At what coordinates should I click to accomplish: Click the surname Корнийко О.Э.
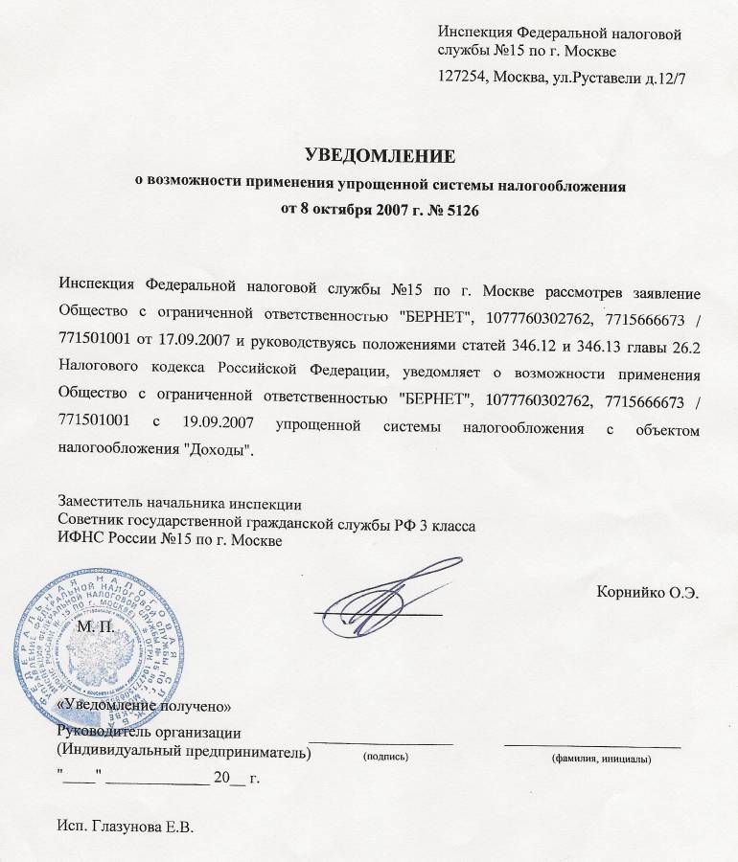coord(647,591)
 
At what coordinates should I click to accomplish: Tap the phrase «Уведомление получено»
coord(145,706)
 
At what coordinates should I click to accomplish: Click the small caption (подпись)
coord(384,758)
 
